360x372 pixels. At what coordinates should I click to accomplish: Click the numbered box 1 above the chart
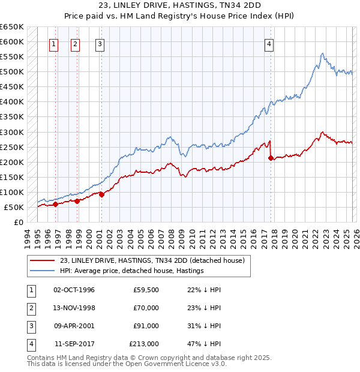[x=54, y=44]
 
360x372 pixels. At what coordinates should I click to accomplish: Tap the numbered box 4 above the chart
[x=269, y=44]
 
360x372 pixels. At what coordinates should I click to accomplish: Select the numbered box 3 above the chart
[x=100, y=44]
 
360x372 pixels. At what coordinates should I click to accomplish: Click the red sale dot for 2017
[x=271, y=158]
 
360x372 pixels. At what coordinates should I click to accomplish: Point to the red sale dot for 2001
[x=101, y=194]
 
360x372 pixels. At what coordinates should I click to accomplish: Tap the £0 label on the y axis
[x=18, y=222]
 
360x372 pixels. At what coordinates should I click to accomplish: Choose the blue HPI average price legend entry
[x=132, y=271]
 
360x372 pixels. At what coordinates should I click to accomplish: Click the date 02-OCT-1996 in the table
[x=74, y=290]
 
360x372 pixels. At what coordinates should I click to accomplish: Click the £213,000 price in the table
[x=144, y=344]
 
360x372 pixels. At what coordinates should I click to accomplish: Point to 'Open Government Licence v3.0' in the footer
[x=174, y=364]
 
